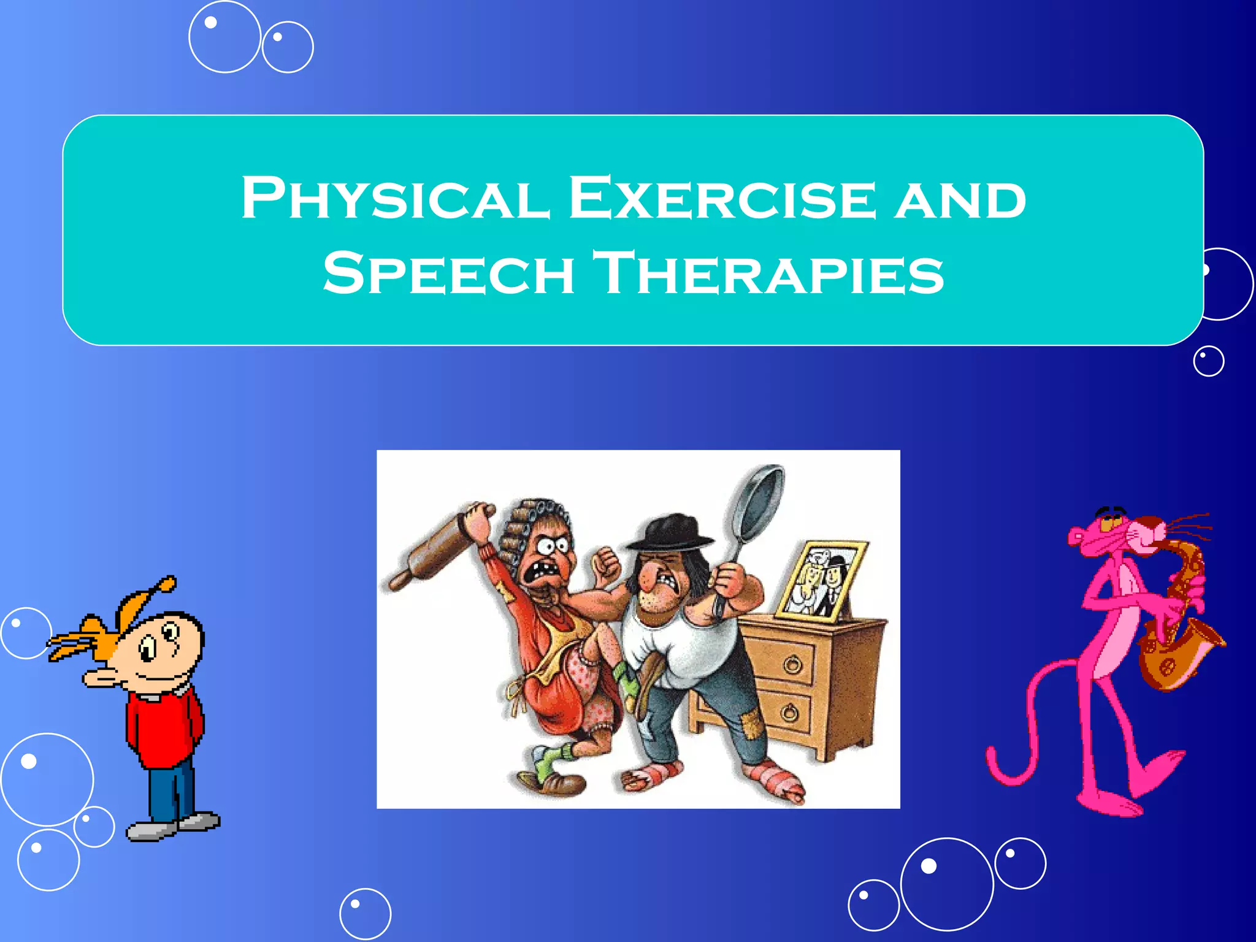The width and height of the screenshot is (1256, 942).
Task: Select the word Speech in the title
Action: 448,273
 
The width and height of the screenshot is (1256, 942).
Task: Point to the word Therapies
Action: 770,273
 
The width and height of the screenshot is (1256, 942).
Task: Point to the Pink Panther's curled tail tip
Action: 997,770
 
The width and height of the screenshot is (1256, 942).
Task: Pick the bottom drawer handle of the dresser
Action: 789,713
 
